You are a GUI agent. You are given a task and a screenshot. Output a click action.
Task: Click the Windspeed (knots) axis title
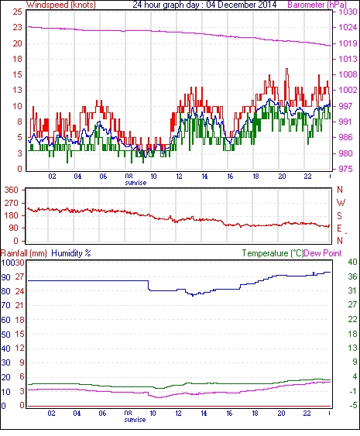61,5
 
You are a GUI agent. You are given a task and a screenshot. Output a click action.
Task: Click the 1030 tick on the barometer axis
348,12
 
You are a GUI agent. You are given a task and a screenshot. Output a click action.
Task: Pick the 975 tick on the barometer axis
345,169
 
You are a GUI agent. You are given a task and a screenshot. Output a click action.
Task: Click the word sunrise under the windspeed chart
135,183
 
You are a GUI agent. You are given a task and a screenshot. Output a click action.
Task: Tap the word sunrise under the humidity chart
135,420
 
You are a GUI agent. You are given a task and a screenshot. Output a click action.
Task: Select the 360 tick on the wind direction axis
12,191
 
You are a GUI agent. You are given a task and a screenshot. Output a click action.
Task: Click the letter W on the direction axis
341,203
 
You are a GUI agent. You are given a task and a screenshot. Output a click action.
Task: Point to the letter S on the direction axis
339,215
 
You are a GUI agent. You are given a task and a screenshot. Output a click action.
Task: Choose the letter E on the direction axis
339,228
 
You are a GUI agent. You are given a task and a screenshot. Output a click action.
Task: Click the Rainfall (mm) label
24,253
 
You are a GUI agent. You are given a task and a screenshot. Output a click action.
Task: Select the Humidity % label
71,253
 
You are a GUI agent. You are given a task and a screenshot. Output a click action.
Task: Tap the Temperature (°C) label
273,253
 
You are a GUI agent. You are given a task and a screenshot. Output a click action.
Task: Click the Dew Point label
323,253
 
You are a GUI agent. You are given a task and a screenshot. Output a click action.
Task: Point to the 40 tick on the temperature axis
352,262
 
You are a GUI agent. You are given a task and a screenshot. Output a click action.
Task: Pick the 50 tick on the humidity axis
6,335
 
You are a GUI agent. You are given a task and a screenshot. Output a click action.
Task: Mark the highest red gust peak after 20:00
287,69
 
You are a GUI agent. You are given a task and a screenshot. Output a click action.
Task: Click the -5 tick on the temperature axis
353,406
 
